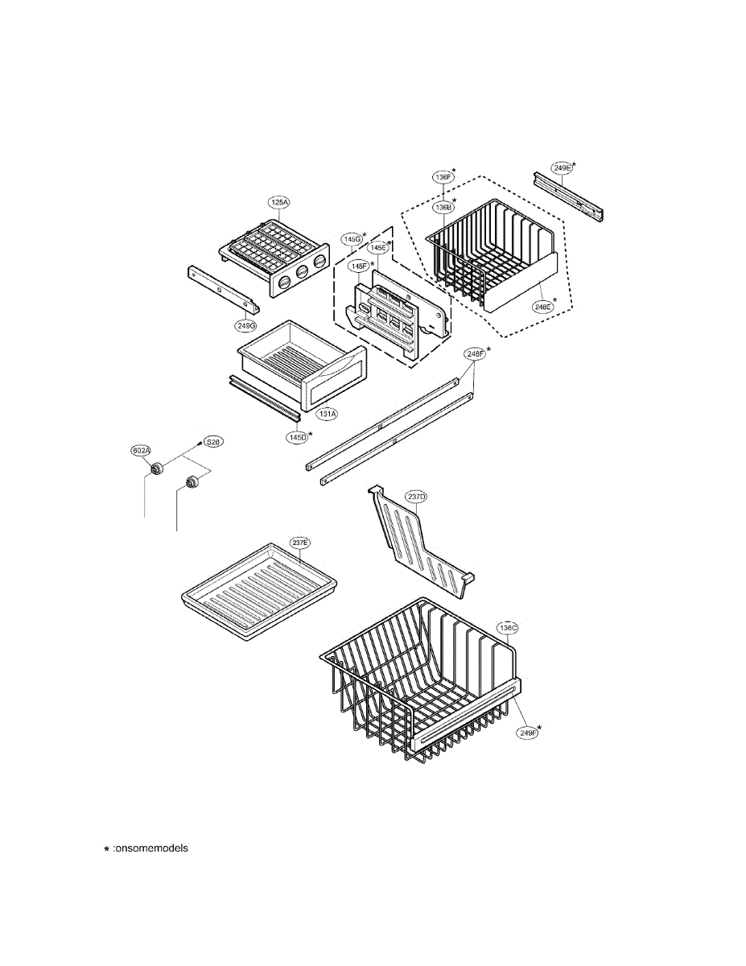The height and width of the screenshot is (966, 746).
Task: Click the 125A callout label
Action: (x=278, y=203)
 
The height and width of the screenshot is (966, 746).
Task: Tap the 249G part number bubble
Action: (x=245, y=326)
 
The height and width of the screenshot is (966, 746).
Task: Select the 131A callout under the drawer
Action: (x=326, y=414)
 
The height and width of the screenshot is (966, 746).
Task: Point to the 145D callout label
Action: (x=299, y=436)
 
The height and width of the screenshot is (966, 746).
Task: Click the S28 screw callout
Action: (x=212, y=442)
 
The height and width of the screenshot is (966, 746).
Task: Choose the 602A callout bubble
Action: (x=141, y=451)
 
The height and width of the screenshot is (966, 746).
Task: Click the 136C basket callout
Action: (x=507, y=627)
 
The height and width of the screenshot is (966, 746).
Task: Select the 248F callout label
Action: (x=474, y=353)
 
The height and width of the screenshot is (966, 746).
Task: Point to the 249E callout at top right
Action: (x=562, y=167)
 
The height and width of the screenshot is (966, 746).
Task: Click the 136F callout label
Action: (x=443, y=176)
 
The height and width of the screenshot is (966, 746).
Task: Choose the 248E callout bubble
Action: (x=542, y=306)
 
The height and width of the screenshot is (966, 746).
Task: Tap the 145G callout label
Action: (x=352, y=239)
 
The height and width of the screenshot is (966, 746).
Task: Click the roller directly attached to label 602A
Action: (x=157, y=469)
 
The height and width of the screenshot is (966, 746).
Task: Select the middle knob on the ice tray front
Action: (x=302, y=272)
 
